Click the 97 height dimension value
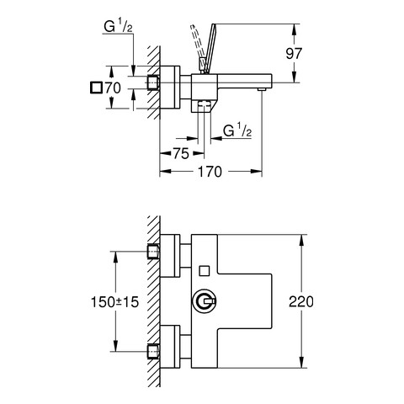(294, 54)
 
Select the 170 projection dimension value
(210, 172)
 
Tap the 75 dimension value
(181, 153)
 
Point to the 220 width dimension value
(301, 302)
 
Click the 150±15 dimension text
(115, 302)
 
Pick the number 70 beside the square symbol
(113, 88)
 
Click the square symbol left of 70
(96, 88)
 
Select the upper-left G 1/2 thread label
(118, 27)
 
